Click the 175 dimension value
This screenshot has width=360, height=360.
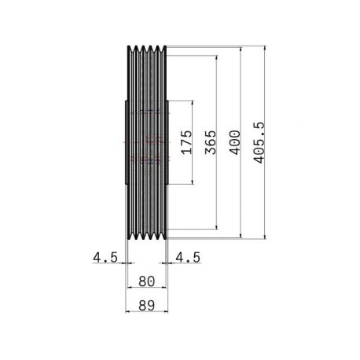187,142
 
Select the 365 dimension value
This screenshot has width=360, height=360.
211,142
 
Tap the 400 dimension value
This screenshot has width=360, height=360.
235,142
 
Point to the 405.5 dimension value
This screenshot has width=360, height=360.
259,142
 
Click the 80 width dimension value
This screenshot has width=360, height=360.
147,281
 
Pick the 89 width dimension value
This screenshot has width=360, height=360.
147,306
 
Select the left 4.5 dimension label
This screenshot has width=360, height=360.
105,257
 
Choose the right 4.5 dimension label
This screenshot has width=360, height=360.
188,257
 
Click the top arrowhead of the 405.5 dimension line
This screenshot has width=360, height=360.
265,48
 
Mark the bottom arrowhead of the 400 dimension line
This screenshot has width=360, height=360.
241,237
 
